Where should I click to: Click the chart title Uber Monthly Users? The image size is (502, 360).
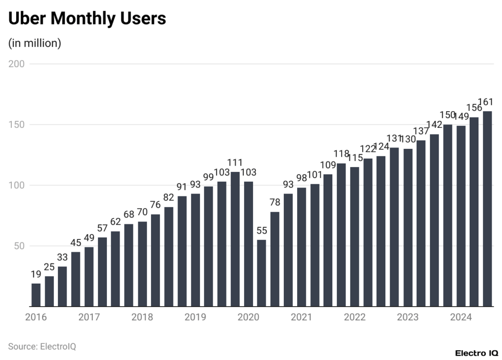[x=87, y=19]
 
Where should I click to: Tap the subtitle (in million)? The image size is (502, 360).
[x=34, y=43]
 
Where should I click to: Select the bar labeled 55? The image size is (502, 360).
[x=261, y=273]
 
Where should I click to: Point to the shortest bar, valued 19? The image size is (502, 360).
[x=36, y=295]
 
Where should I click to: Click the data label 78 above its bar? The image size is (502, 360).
[x=275, y=202]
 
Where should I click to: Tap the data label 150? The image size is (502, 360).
[x=448, y=115]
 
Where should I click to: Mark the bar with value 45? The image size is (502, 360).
[x=75, y=279]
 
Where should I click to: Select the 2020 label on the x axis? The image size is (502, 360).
[x=248, y=317]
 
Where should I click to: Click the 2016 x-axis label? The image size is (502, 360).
[x=36, y=317]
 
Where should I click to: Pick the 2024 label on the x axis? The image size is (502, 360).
[x=461, y=317]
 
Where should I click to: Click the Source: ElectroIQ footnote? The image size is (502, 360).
[x=42, y=346]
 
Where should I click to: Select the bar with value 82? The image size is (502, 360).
[x=169, y=257]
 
